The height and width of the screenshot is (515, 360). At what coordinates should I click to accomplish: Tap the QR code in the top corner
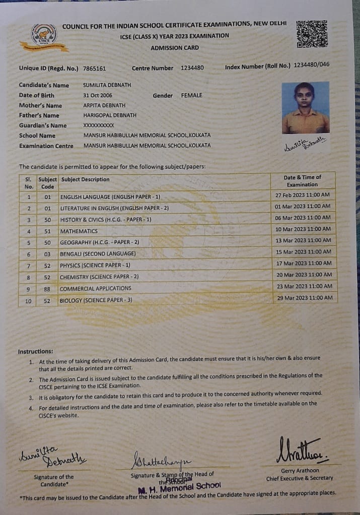[x=312, y=34]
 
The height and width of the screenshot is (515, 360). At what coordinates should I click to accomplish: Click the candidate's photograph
[x=305, y=108]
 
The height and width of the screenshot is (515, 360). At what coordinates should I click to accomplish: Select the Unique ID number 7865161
[x=94, y=69]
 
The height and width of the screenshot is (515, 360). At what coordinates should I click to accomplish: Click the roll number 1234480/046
[x=312, y=65]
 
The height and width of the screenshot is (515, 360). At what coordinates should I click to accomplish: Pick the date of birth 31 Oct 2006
[x=98, y=95]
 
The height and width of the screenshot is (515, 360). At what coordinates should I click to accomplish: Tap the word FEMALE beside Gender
[x=191, y=95]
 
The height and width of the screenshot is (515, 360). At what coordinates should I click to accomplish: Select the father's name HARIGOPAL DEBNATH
[x=110, y=115]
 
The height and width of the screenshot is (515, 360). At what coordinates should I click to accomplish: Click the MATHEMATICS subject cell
[x=79, y=231]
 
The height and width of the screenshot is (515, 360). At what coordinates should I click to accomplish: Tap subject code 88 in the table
[x=47, y=289]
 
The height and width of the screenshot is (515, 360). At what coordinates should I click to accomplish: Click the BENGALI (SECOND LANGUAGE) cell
[x=98, y=253]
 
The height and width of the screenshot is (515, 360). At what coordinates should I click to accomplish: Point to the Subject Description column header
[x=85, y=179]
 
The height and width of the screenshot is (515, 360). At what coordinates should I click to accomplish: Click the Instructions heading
[x=35, y=351]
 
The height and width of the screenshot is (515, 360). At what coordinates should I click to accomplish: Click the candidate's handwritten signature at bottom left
[x=52, y=457]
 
